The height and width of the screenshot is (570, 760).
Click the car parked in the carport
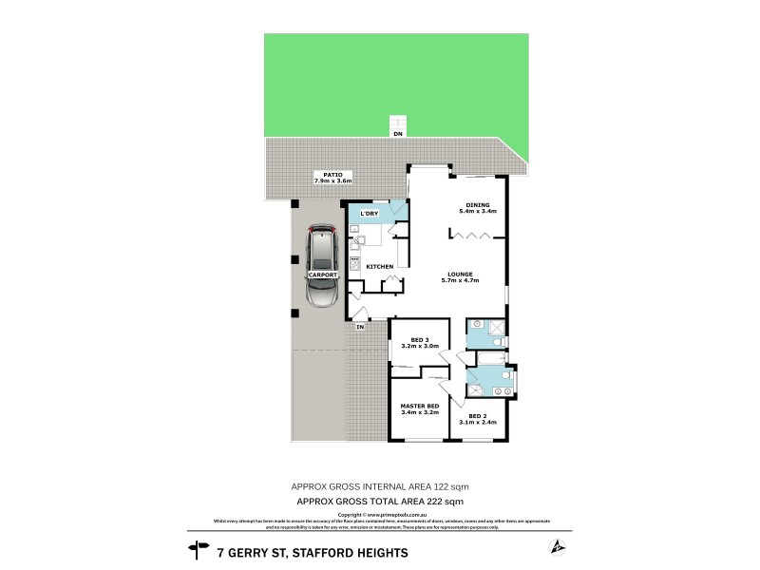pos(322,268)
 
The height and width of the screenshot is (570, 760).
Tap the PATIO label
pos(332,174)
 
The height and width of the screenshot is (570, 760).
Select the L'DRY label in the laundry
pos(369,213)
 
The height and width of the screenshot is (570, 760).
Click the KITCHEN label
pos(380,267)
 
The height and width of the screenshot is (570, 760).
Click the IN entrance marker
pos(360,328)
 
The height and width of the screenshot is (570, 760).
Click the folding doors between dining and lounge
pos(472,237)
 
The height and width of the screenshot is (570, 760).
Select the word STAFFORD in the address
pos(330,552)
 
